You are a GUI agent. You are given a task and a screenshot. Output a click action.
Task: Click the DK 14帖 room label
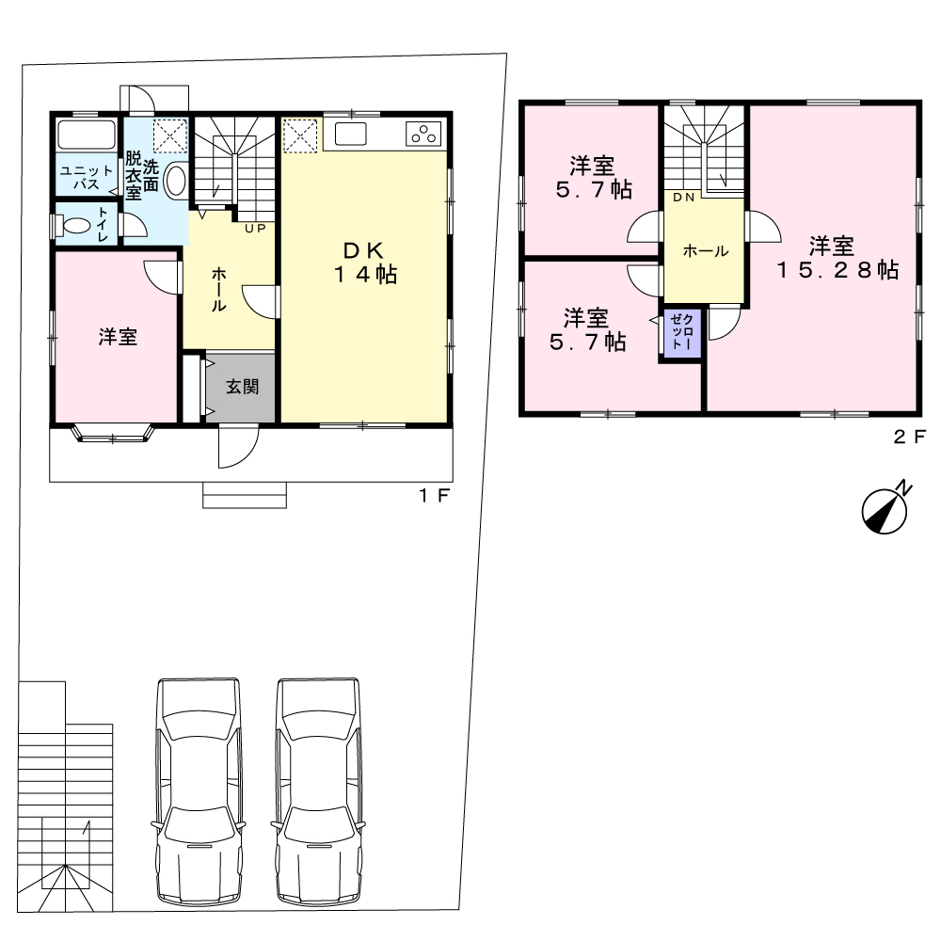tap(365, 263)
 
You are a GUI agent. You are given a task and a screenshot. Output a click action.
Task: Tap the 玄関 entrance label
tap(243, 387)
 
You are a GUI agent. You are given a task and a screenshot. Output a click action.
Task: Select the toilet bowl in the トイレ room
tap(75, 226)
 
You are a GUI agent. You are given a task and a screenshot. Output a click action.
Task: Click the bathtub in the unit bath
tap(86, 135)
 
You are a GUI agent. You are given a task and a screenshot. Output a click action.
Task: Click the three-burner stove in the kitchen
tap(423, 134)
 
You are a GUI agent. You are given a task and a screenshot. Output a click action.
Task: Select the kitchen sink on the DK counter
tap(350, 134)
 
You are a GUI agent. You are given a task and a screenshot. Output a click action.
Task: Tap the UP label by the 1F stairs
tap(255, 229)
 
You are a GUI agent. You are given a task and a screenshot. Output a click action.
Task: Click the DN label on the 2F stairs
tap(683, 198)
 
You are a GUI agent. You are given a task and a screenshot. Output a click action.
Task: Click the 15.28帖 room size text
tap(838, 270)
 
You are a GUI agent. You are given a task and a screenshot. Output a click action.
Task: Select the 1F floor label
tap(434, 496)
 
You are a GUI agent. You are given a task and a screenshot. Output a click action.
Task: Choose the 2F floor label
tap(910, 437)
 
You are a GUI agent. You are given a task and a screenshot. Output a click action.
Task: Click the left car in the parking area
tap(199, 791)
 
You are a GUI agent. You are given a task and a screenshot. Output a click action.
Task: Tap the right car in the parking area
tap(318, 791)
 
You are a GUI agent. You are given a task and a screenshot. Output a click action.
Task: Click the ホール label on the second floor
tap(706, 251)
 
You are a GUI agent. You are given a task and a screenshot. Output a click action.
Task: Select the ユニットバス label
tap(87, 178)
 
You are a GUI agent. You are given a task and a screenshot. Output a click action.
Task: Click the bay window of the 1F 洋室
tap(114, 435)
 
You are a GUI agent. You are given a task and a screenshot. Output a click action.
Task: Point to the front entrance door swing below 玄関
tap(238, 445)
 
